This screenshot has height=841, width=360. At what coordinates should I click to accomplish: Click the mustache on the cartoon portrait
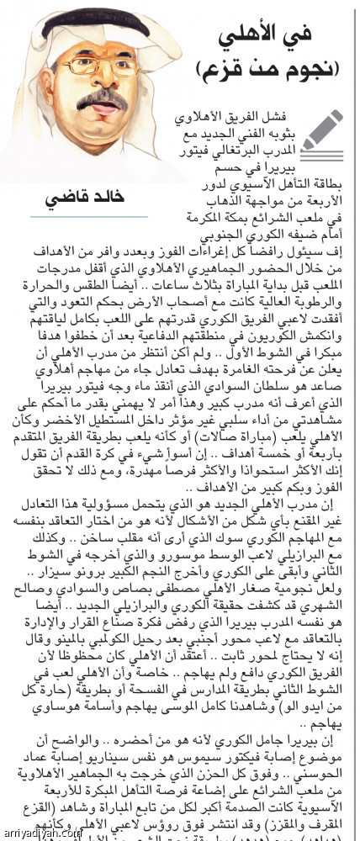pos(103,98)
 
